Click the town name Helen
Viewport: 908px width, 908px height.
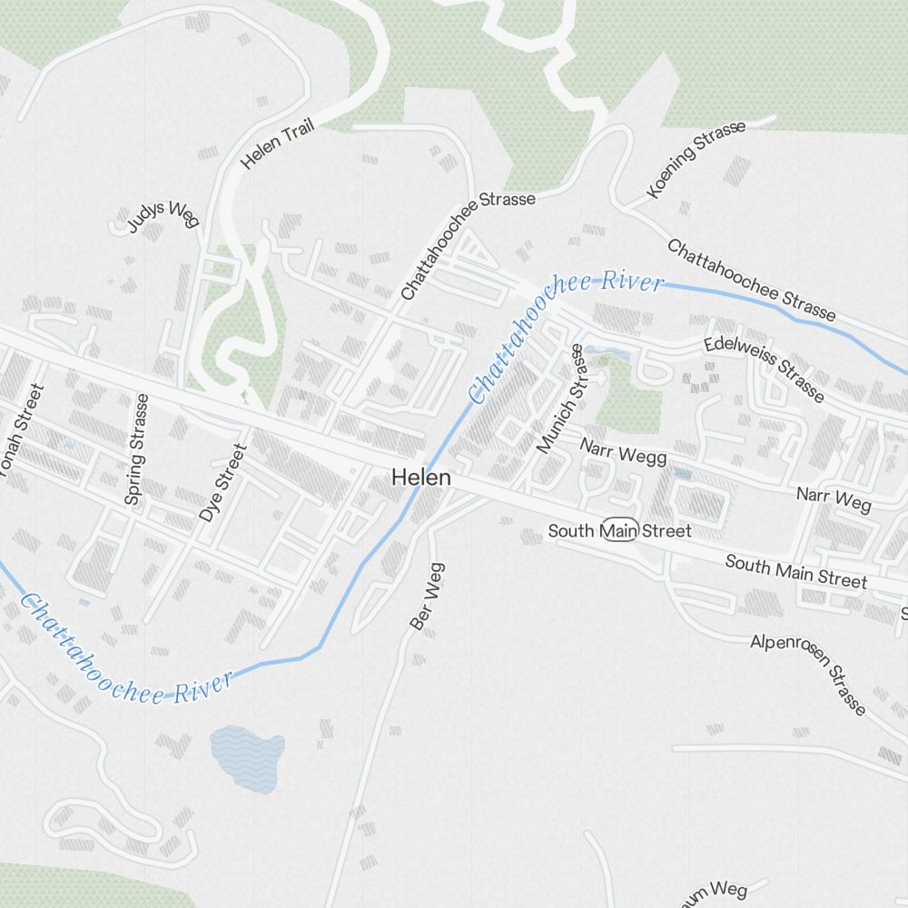421,478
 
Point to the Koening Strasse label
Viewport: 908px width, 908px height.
696,159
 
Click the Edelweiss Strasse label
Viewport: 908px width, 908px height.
765,370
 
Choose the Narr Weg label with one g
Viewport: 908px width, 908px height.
833,498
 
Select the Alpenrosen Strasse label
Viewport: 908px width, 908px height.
808,673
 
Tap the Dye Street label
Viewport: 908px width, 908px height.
222,482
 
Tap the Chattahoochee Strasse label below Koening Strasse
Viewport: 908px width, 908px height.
751,280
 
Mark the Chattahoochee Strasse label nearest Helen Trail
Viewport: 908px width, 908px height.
468,246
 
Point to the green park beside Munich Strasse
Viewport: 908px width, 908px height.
626,400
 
